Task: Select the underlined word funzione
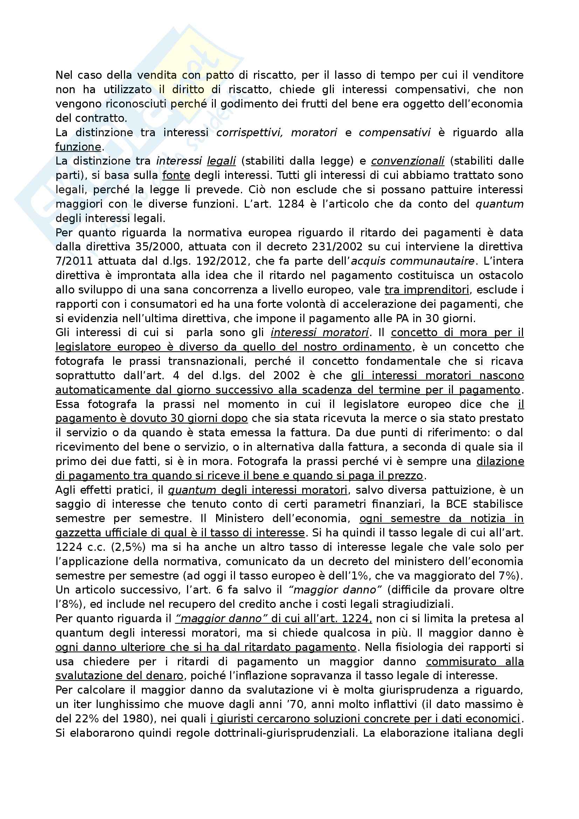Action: [78, 147]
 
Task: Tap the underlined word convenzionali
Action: [407, 161]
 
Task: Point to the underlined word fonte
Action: [176, 175]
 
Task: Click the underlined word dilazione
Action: [500, 461]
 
